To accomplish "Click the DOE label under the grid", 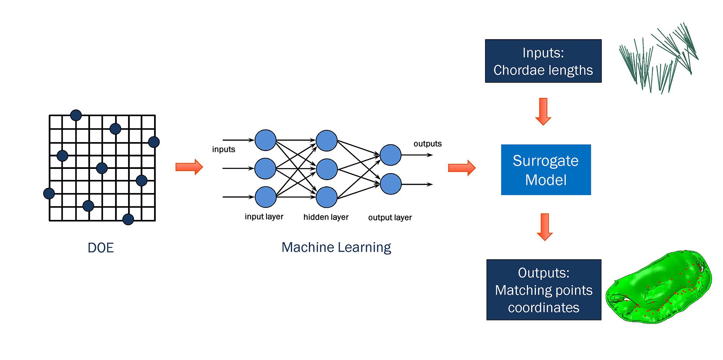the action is tap(101, 248).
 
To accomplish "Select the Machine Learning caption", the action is tap(336, 247).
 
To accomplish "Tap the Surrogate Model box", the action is tap(546, 170).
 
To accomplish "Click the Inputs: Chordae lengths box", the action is tap(543, 61).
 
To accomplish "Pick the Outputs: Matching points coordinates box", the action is tap(544, 290).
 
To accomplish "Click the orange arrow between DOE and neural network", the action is tap(189, 167).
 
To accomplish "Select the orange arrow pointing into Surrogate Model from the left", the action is tap(462, 168).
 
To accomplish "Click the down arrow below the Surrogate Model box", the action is tap(545, 227).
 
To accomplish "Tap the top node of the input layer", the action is tap(266, 140).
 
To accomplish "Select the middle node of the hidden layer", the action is tap(326, 169).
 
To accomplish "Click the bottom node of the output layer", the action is tap(390, 184).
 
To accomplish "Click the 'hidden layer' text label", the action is tap(326, 217).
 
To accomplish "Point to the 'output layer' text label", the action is tap(390, 217).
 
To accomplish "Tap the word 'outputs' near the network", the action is tap(428, 144).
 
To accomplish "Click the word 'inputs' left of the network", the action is tap(223, 149).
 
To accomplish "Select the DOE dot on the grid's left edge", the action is tap(49, 193).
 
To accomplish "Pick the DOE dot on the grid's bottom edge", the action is tap(128, 219).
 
